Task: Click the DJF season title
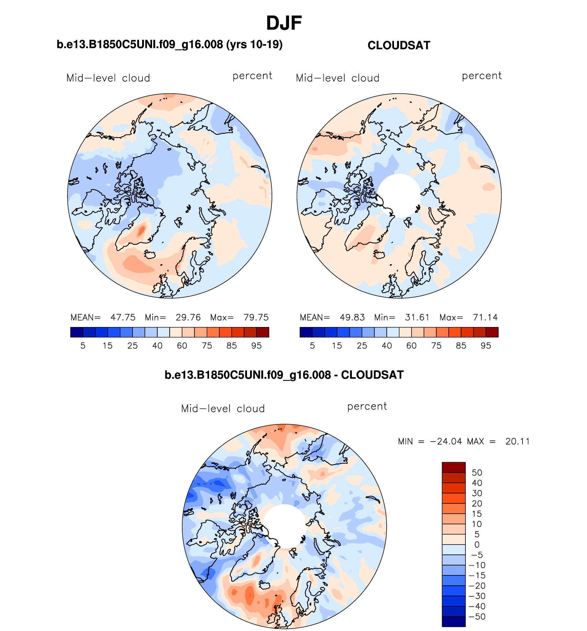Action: [x=284, y=23]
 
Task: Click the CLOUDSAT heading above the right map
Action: [x=399, y=45]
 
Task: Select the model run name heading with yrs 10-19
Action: [x=170, y=45]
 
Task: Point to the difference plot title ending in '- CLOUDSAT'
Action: [x=284, y=375]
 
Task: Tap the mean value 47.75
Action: [x=123, y=317]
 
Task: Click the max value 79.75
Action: [x=256, y=317]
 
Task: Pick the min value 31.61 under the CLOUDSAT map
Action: [x=417, y=317]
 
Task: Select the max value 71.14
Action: [x=485, y=317]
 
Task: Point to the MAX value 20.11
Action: [x=517, y=441]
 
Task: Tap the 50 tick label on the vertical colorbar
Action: [x=477, y=472]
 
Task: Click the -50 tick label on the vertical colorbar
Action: [x=477, y=617]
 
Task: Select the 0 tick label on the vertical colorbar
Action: [x=477, y=545]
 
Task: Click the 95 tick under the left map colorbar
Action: [x=256, y=346]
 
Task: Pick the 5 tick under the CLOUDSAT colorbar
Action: [x=312, y=346]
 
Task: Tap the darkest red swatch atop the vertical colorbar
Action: [x=453, y=467]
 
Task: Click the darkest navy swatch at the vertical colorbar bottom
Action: [x=453, y=621]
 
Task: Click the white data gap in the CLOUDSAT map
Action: [x=399, y=196]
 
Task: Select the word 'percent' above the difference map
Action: [x=367, y=407]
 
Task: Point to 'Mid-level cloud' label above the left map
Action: [x=108, y=78]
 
